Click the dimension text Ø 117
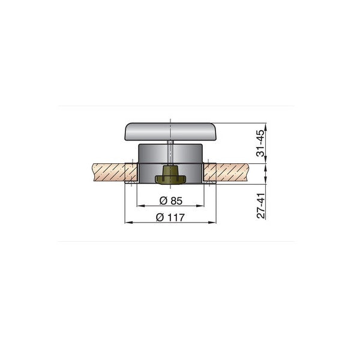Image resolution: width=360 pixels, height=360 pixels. (x=170, y=217)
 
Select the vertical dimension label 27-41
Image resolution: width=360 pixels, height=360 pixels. (x=260, y=205)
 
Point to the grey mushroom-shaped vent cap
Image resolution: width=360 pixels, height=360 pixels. (x=170, y=131)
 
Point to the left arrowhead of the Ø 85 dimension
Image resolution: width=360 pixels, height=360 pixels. (x=140, y=205)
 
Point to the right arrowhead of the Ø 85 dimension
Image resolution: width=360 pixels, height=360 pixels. (x=202, y=205)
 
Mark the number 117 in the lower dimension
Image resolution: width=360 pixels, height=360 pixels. (x=176, y=217)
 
